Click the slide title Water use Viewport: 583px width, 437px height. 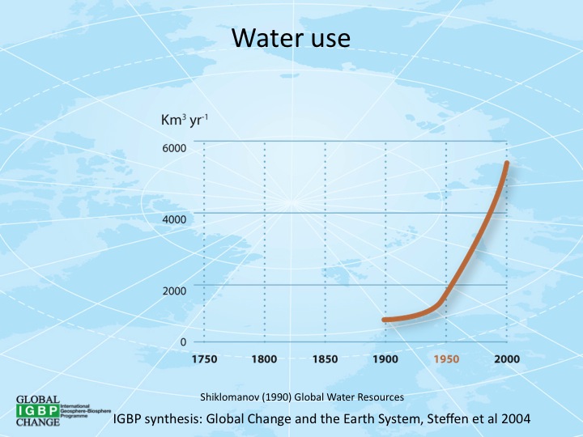[291, 38]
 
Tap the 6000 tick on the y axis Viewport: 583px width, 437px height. [175, 148]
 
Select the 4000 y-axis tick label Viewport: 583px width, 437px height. [175, 219]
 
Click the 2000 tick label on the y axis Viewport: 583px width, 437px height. [175, 291]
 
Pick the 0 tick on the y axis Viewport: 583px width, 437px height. [184, 342]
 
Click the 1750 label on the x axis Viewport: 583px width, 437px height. [204, 359]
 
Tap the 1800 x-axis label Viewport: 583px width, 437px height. [265, 359]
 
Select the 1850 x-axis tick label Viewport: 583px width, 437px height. [326, 359]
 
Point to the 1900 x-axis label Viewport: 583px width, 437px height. [385, 359]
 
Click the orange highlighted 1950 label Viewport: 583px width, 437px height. [446, 359]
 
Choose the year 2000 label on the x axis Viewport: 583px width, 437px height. [507, 359]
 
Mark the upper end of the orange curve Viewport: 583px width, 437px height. [507, 163]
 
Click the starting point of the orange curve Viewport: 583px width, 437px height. [385, 320]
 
